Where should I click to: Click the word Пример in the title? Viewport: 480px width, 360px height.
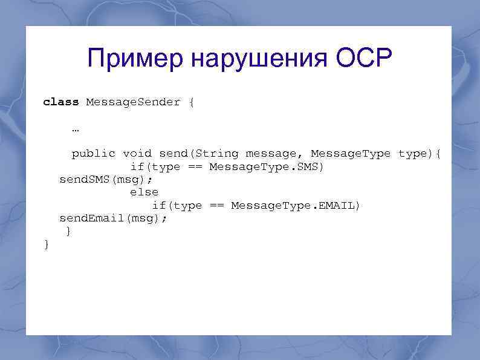[135, 59]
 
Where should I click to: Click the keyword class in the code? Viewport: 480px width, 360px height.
[61, 102]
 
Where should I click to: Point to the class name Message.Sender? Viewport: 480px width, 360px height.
[133, 102]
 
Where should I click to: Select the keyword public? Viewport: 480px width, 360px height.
[93, 154]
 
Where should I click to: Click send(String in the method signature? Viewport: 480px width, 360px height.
[199, 154]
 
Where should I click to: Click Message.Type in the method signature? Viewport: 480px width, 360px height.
[351, 154]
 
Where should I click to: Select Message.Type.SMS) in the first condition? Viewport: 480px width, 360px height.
[267, 167]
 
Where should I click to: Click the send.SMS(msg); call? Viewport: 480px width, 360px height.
[106, 180]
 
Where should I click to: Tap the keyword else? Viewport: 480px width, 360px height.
[144, 193]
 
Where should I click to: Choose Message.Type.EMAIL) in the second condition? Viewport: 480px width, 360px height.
[296, 206]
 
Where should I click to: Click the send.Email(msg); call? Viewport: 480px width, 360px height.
[113, 218]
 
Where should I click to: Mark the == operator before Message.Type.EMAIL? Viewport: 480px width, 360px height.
[216, 206]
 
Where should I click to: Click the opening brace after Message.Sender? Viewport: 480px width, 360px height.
[192, 102]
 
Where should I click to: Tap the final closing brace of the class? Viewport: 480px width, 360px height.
[47, 244]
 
